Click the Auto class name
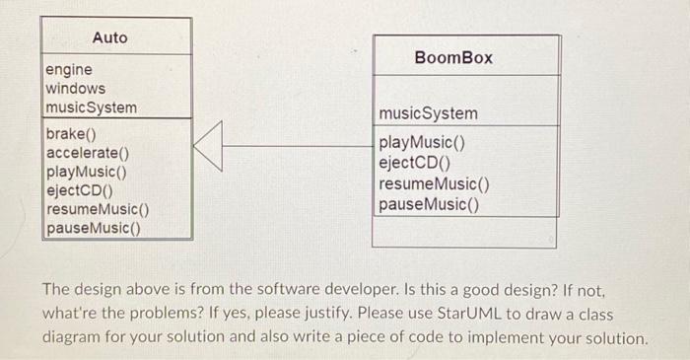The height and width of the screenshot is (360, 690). coord(110,37)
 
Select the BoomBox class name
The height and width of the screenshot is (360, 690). coord(453,58)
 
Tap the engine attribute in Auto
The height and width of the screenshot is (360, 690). coord(69,70)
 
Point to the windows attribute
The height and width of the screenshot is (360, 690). coord(76,89)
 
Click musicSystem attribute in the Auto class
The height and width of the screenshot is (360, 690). coord(92,108)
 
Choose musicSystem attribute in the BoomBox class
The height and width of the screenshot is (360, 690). coord(429,114)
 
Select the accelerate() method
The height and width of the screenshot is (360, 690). coord(88,153)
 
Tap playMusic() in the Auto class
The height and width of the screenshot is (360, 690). coord(86,172)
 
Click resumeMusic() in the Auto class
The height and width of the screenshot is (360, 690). coord(98,209)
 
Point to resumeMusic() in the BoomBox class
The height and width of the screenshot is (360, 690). coord(435,183)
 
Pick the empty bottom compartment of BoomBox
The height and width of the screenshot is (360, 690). coord(464,233)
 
